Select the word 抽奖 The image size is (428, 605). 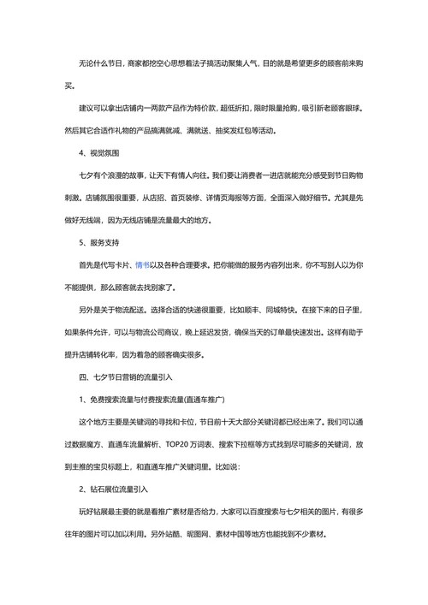coord(222,131)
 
